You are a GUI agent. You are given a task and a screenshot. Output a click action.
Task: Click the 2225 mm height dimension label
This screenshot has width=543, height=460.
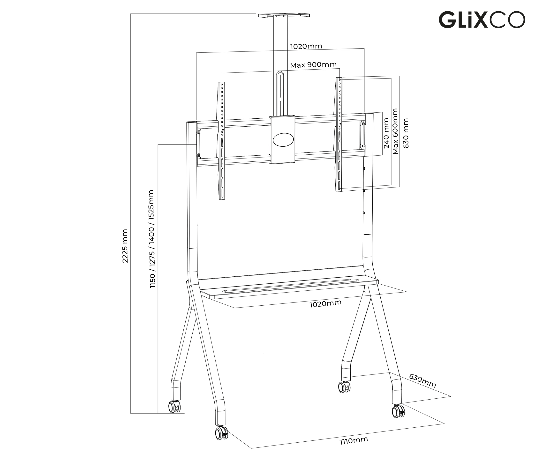pos(125,246)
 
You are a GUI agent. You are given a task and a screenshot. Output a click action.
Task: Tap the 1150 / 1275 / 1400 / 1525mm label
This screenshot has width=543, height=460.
pos(152,239)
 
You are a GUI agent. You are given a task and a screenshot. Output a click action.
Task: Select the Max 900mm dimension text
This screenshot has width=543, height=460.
pos(313,65)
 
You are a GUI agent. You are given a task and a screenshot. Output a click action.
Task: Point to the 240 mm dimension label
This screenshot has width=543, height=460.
pos(386,133)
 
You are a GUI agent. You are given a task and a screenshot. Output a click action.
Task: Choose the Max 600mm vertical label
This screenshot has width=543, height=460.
pos(395,131)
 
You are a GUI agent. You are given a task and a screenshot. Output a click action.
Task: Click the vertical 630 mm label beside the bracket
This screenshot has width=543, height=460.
pos(406,133)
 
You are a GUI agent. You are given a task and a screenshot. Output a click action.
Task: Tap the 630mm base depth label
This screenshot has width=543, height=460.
pos(422,381)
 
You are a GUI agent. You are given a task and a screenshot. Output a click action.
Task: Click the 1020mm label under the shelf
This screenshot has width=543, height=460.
pos(325,303)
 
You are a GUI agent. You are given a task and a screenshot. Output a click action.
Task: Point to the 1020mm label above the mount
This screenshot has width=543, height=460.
pos(306,46)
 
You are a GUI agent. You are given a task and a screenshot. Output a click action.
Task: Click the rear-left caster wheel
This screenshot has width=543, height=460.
pos(174,407)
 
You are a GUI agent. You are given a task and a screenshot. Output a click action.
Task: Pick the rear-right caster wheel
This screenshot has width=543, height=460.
pos(344,387)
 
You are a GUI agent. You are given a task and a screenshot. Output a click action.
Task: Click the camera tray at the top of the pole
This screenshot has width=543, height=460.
pos(284,15)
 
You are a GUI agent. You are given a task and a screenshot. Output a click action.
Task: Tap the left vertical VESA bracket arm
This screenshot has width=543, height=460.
pos(222,141)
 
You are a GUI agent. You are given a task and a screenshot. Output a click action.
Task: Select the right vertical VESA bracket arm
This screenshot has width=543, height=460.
pos(339,134)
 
